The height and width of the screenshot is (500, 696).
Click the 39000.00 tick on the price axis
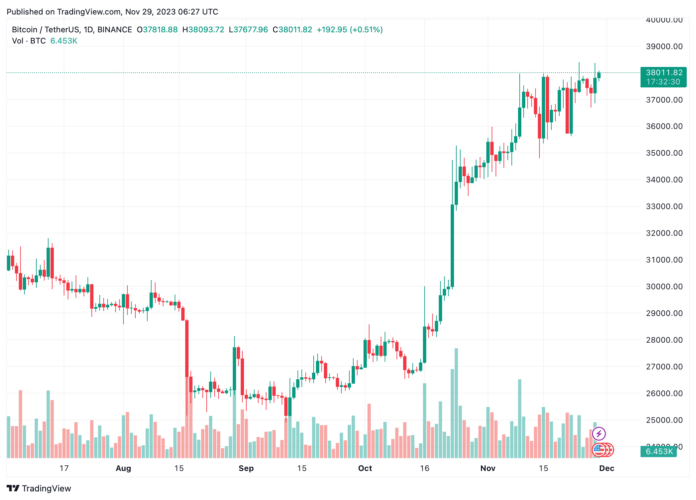(x=664, y=47)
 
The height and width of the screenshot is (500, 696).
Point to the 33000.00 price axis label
(x=664, y=206)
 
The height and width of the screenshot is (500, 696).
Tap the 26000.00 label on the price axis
(x=664, y=393)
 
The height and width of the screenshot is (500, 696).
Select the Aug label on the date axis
(x=123, y=468)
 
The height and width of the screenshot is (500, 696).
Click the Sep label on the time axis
(x=246, y=468)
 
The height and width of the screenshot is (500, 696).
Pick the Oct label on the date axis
(x=365, y=468)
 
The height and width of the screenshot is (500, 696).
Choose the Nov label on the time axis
(x=488, y=468)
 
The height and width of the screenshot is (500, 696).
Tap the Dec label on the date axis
(x=607, y=468)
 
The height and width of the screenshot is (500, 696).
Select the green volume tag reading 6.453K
(x=659, y=451)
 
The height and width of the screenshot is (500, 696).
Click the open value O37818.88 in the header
(x=157, y=30)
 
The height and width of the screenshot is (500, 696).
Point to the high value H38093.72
(x=203, y=30)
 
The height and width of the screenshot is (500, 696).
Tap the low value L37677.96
(x=248, y=30)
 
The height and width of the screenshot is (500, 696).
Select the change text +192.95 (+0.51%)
(x=350, y=30)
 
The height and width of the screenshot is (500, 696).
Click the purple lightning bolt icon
(x=599, y=433)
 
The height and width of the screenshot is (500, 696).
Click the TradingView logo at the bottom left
(x=39, y=488)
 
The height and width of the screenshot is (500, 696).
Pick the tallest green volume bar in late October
(x=456, y=402)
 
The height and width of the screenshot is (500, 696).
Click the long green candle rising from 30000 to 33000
(x=452, y=246)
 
